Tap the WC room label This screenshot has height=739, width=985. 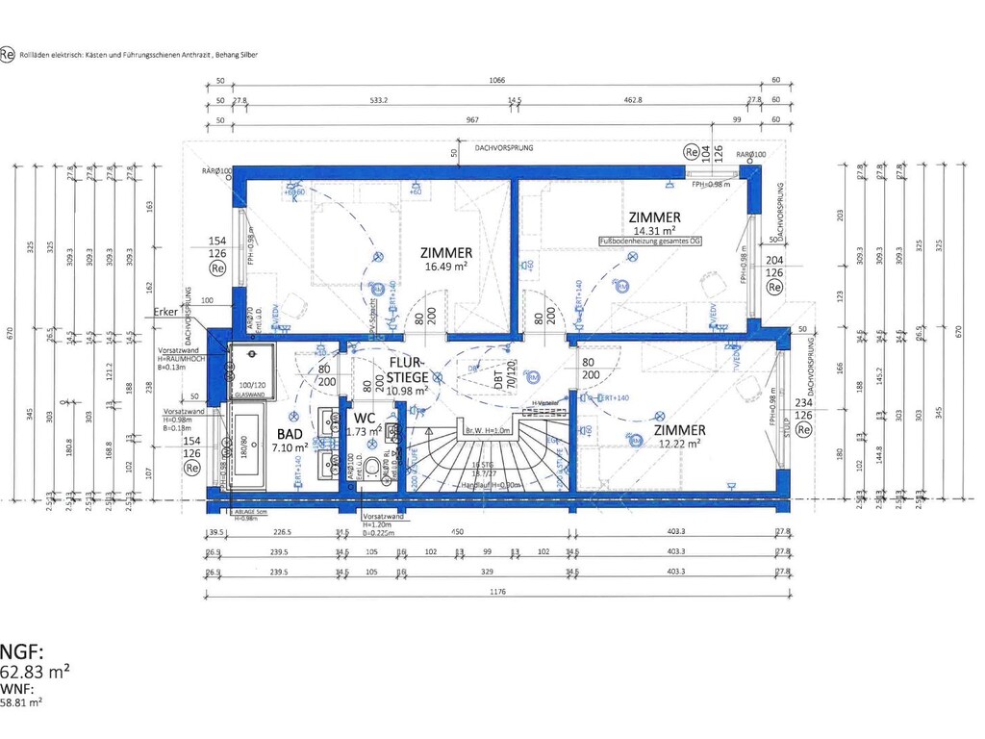point(365,419)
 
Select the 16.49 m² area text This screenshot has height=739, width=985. point(446,268)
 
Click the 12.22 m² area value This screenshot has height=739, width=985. point(679,443)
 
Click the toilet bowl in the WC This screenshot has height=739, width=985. point(372,469)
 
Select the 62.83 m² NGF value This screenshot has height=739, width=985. point(35,672)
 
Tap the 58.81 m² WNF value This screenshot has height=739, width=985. point(21,703)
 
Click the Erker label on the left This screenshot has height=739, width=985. point(165,313)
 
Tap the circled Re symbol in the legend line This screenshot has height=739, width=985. point(8,55)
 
